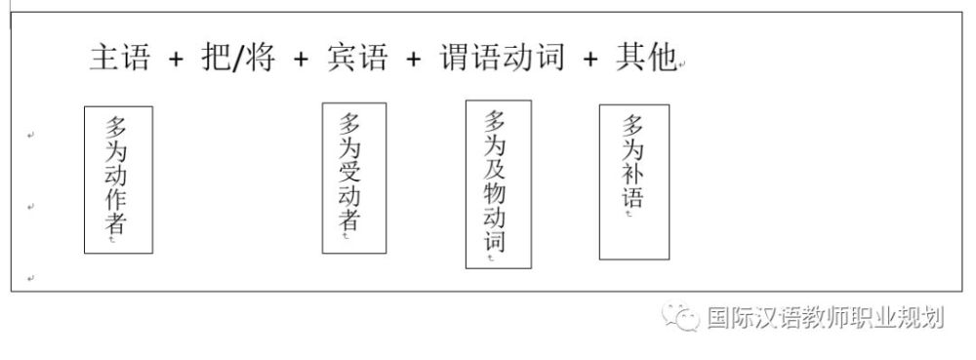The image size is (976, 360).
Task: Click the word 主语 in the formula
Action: [119, 58]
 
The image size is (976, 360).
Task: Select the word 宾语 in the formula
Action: [356, 58]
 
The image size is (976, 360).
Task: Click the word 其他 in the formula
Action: [645, 58]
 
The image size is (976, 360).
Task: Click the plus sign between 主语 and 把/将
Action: [176, 59]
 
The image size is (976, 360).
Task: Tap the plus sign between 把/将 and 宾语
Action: [304, 59]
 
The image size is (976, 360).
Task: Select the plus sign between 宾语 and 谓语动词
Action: [414, 59]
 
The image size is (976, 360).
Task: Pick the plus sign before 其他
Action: [590, 59]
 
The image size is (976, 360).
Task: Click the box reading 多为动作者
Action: [118, 180]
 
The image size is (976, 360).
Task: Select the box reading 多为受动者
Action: [353, 178]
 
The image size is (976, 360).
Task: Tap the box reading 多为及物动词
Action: [498, 183]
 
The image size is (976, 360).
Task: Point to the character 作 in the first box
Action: [116, 197]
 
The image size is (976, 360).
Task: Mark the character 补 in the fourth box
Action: [632, 174]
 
